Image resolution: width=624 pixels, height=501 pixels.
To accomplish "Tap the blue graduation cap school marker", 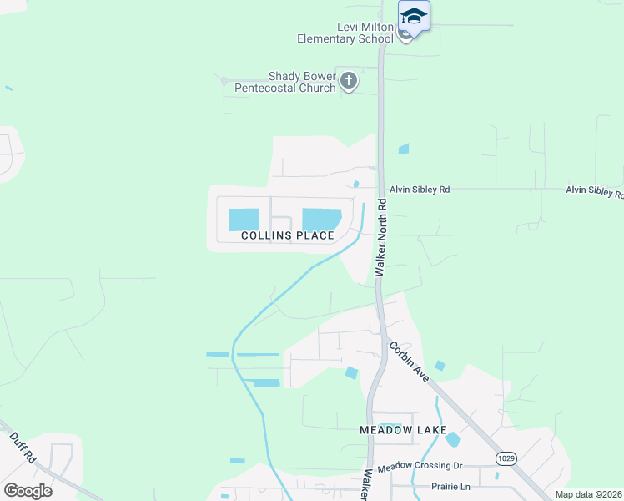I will (414, 16).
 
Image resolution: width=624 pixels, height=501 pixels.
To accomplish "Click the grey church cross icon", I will (349, 82).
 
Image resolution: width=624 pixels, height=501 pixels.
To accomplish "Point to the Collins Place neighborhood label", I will (288, 235).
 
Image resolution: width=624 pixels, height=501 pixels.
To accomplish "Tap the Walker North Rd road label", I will (382, 237).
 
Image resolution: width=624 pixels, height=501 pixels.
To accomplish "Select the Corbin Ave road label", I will (408, 360).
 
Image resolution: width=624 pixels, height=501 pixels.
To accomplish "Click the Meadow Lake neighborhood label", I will (398, 429).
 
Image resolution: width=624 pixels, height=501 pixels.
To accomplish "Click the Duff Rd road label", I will (23, 448).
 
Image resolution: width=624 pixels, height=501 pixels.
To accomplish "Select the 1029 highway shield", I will (506, 458).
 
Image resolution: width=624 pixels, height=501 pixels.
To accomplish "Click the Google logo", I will (28, 490).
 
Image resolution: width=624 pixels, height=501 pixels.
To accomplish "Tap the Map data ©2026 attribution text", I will (588, 494).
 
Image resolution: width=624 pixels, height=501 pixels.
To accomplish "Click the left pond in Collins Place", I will (244, 220).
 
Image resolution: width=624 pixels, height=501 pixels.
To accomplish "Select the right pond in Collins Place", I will (321, 219).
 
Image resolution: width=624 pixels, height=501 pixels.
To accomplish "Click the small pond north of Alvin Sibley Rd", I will (404, 149).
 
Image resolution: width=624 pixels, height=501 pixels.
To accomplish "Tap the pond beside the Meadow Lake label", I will (453, 439).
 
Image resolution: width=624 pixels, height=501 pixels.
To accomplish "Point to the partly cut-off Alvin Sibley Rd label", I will (594, 190).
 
